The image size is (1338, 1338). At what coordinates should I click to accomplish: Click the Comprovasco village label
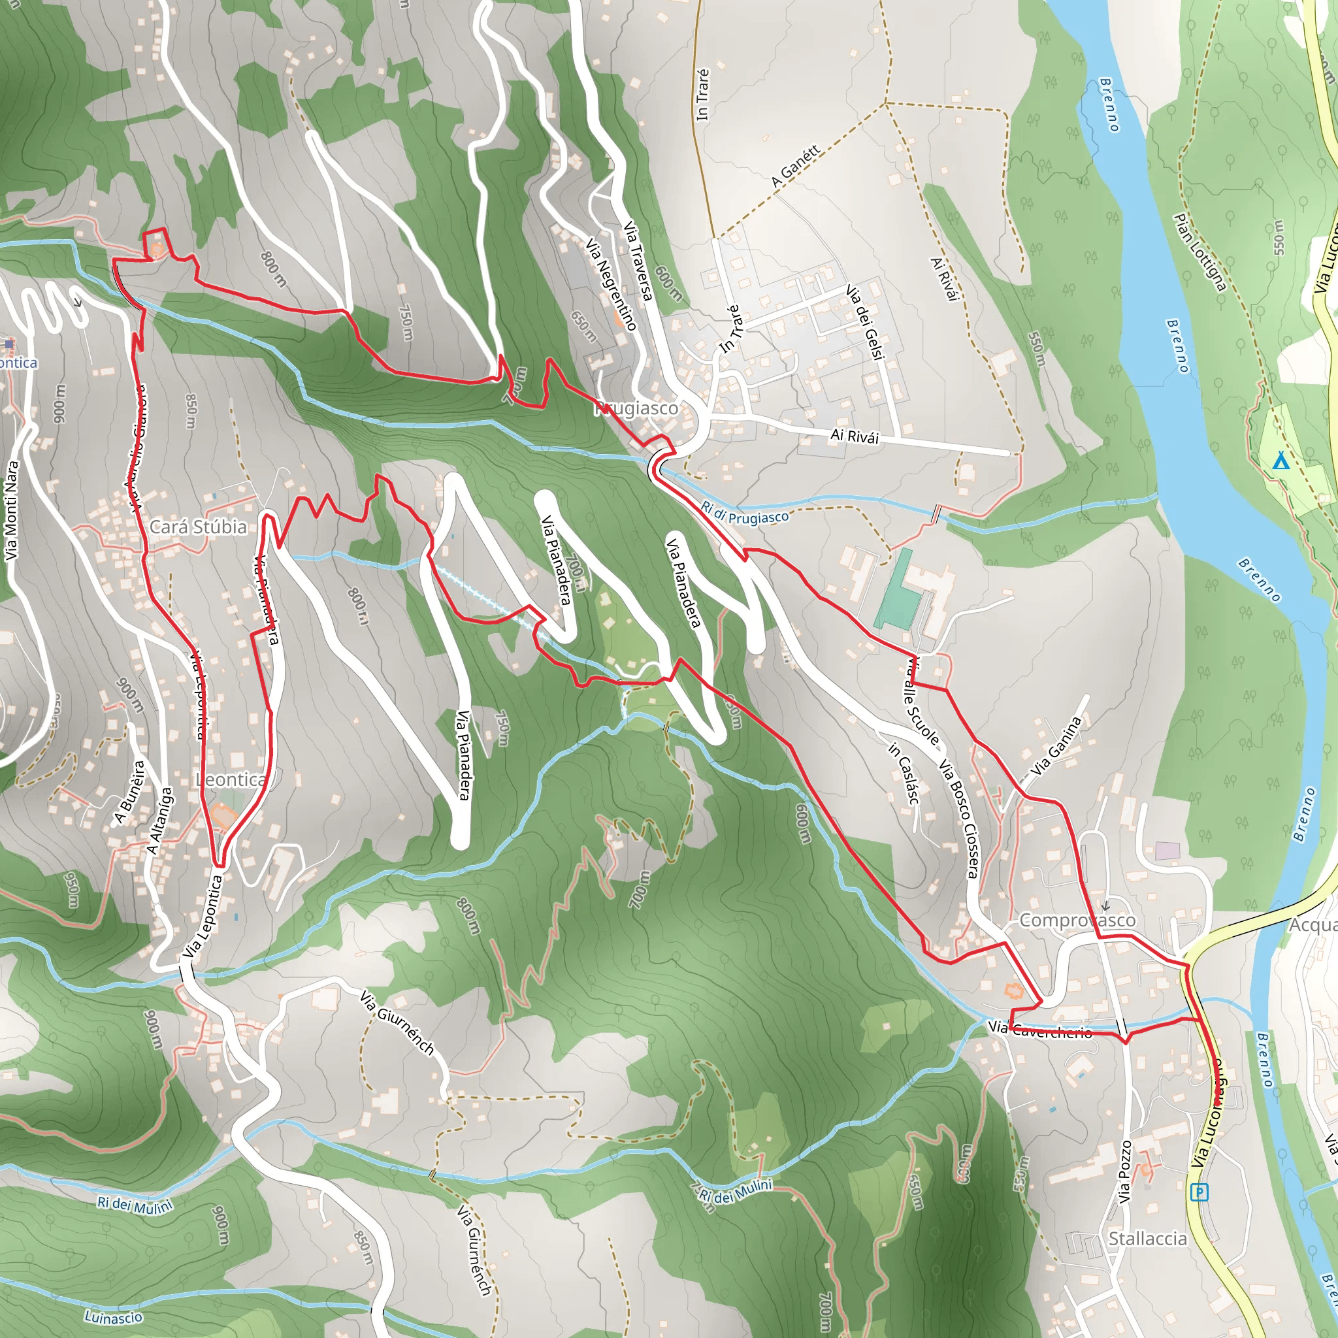click(x=1077, y=921)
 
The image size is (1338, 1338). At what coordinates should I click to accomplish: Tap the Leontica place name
click(x=231, y=780)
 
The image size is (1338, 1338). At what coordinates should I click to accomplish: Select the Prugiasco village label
click(x=637, y=408)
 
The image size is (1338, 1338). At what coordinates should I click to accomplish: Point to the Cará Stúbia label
click(x=198, y=527)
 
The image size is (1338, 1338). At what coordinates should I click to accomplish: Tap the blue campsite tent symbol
click(x=1281, y=461)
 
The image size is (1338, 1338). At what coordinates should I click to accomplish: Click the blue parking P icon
click(x=1199, y=1192)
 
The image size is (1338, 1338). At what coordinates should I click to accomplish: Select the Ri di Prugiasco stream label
click(x=745, y=513)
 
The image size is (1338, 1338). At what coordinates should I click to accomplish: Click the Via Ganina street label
click(x=1056, y=747)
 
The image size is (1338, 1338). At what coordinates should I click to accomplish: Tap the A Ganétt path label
click(x=796, y=166)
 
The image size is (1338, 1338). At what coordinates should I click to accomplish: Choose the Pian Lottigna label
click(x=1199, y=253)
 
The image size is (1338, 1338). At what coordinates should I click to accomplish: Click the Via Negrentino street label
click(x=611, y=284)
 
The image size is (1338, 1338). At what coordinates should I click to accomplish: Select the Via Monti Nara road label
click(x=11, y=510)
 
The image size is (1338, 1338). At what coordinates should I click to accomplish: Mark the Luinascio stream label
click(x=114, y=1316)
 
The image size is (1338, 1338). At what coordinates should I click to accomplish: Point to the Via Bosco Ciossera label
click(x=958, y=819)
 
